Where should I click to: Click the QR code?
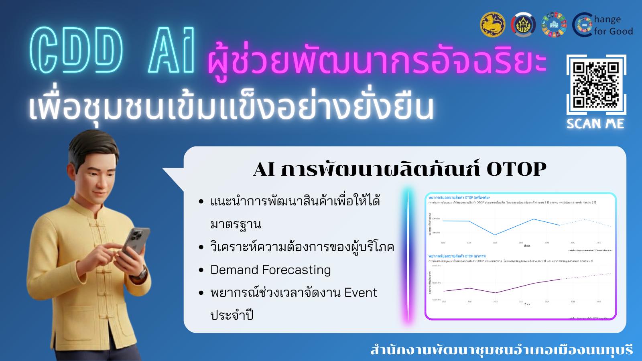[x=596, y=84]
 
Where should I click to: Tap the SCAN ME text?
[x=595, y=124]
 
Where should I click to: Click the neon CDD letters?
[x=76, y=51]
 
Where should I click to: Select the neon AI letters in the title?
[x=172, y=51]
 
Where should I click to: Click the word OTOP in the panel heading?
[x=516, y=169]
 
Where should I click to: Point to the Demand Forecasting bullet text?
[x=270, y=270]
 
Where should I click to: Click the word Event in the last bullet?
[x=360, y=293]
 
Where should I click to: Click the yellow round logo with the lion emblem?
[x=492, y=24]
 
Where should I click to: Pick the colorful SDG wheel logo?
[x=553, y=24]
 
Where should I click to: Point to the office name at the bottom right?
[x=501, y=350]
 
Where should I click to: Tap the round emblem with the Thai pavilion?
[x=523, y=24]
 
